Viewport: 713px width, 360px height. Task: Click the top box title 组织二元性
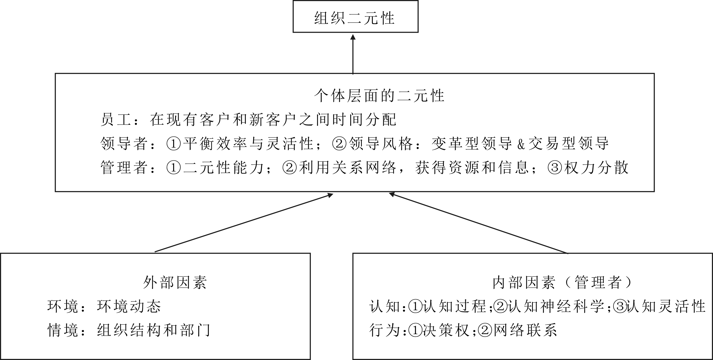(x=354, y=18)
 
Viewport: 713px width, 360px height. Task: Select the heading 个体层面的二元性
(x=379, y=96)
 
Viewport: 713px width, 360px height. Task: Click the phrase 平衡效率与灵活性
(x=248, y=144)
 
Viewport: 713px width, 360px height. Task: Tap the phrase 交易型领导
(x=569, y=144)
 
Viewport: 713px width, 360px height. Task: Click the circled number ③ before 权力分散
(x=555, y=167)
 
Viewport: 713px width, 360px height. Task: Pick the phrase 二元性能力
(x=223, y=167)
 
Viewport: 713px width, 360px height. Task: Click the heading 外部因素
(x=175, y=283)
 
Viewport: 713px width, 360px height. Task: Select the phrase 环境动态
(x=129, y=306)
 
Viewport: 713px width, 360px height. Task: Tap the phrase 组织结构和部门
(x=154, y=330)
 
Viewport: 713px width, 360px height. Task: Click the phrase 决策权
(x=446, y=330)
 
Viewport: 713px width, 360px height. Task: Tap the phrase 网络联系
(x=525, y=330)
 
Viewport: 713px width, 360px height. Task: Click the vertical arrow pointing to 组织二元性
(x=353, y=54)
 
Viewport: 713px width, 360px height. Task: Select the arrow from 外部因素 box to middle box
(x=244, y=223)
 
